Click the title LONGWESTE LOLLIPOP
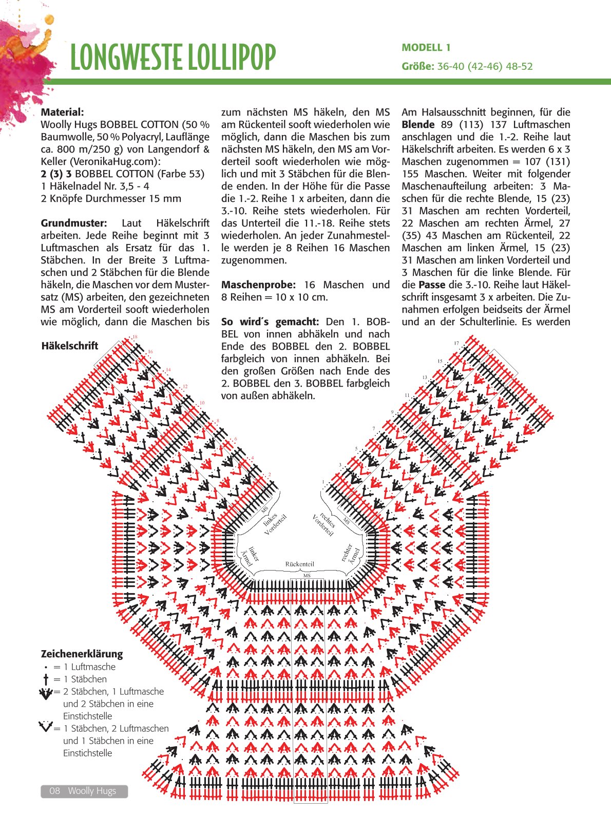pyautogui.click(x=173, y=56)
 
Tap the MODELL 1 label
pyautogui.click(x=426, y=48)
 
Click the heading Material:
pyautogui.click(x=62, y=112)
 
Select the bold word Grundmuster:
pyautogui.click(x=74, y=223)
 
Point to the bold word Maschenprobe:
pyautogui.click(x=258, y=285)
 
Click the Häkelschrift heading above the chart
pyautogui.click(x=69, y=346)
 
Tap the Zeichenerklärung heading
pyautogui.click(x=82, y=654)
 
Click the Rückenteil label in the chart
pyautogui.click(x=299, y=564)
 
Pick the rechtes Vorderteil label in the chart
pyautogui.click(x=323, y=524)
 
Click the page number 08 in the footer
pyautogui.click(x=54, y=791)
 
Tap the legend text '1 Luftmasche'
pyautogui.click(x=89, y=667)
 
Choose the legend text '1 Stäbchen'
pyautogui.click(x=85, y=679)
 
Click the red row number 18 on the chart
pyautogui.click(x=135, y=337)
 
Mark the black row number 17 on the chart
pyautogui.click(x=456, y=343)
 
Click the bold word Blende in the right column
pyautogui.click(x=418, y=124)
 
